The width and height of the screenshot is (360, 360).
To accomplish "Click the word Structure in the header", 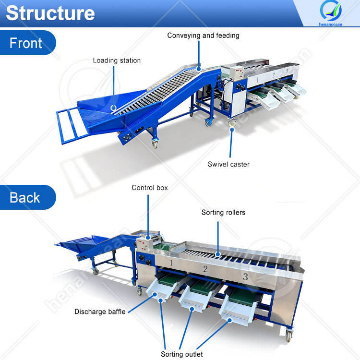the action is (50, 13).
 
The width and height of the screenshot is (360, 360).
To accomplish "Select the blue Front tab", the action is (26, 43).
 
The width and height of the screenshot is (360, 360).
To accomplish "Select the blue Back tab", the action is (25, 197).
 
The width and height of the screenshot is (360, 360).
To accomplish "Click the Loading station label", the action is (117, 60).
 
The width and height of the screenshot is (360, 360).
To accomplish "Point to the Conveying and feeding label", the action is (203, 36).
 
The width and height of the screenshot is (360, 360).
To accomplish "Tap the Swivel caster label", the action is (228, 164).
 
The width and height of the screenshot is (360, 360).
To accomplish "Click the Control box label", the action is (150, 188).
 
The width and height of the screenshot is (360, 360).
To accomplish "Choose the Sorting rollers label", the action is (223, 212).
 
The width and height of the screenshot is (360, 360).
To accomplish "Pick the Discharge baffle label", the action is (100, 312).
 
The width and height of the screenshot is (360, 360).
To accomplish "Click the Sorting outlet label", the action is (182, 354).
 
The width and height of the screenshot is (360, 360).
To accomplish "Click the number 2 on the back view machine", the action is (205, 269).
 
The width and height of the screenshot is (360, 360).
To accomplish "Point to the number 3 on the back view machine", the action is (245, 277).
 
